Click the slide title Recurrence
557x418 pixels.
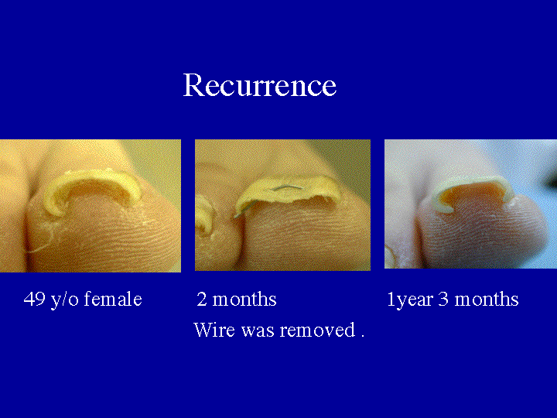tap(259, 85)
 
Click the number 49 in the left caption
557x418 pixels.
tap(34, 300)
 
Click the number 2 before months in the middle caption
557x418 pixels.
tap(201, 300)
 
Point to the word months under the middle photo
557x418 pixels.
tap(244, 300)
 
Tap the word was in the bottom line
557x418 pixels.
tap(258, 331)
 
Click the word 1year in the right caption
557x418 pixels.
tap(409, 300)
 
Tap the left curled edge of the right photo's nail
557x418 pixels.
tap(443, 203)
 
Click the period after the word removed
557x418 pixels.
tap(361, 335)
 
